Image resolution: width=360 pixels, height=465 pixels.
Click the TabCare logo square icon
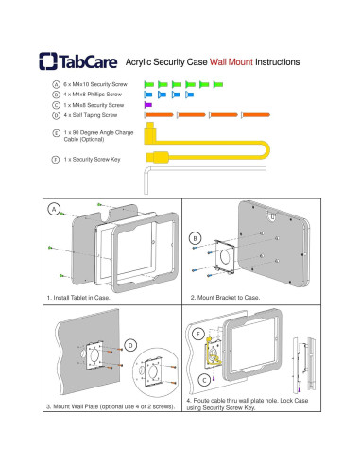[48, 61]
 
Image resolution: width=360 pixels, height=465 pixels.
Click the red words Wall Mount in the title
[231, 61]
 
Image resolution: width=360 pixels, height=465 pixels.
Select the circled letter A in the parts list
[56, 84]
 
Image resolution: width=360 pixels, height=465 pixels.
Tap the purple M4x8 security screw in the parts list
[147, 105]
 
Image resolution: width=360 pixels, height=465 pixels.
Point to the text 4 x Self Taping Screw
[91, 115]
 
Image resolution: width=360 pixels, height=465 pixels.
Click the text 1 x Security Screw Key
[92, 160]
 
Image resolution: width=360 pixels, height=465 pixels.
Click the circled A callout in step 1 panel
[54, 210]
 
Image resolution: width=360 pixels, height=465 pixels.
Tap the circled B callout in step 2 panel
[195, 238]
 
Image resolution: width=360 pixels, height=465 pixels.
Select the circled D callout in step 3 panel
[130, 346]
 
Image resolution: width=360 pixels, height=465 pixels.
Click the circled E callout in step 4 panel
[198, 334]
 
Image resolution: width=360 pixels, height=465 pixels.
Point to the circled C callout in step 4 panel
[204, 380]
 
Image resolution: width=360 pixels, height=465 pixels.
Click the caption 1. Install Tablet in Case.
[78, 298]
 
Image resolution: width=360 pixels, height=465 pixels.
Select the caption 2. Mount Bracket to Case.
[225, 298]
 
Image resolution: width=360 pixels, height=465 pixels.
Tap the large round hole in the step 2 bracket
[226, 257]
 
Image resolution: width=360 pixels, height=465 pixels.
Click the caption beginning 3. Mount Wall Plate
[111, 406]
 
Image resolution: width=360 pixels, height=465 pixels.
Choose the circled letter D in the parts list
[56, 115]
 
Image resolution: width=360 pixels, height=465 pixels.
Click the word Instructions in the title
[277, 61]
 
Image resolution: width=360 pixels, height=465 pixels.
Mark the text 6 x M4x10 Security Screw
[95, 84]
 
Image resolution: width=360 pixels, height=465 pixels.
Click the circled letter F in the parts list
[56, 160]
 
